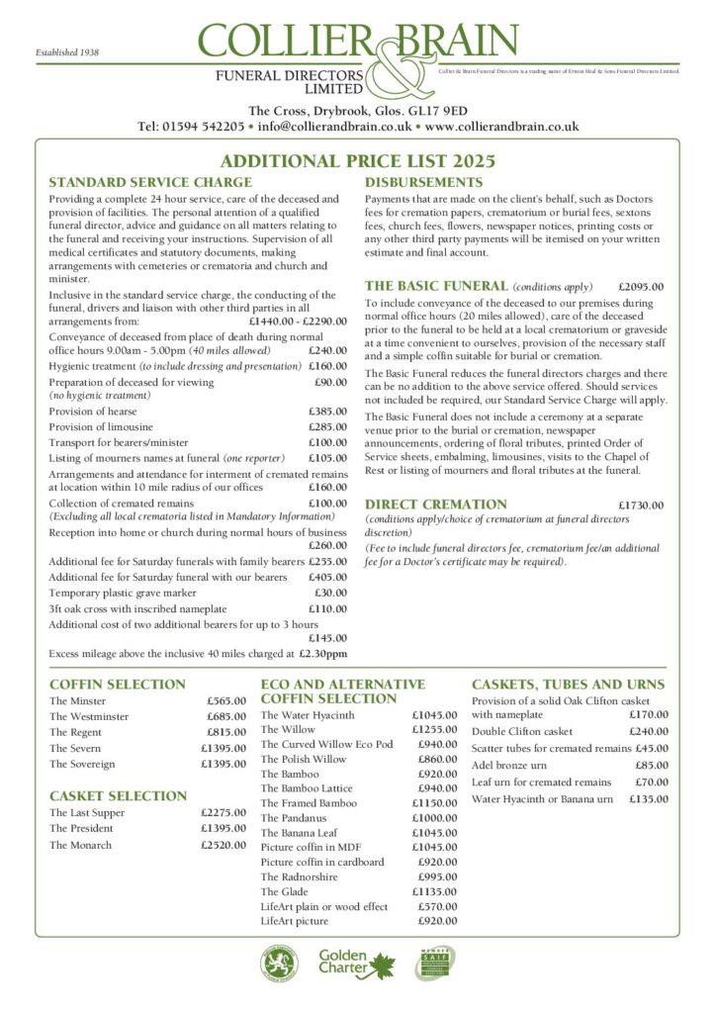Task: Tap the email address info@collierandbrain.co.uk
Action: (334, 127)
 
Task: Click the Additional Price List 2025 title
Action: (357, 160)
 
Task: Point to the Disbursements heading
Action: (423, 183)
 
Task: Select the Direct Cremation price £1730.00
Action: (640, 505)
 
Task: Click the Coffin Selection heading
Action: (117, 684)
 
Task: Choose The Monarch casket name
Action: (80, 845)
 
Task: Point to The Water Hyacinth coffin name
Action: (306, 713)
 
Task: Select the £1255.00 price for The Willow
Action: (435, 729)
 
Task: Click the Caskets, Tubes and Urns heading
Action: (568, 684)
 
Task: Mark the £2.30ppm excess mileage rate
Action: (322, 654)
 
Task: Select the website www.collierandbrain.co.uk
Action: (501, 127)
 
